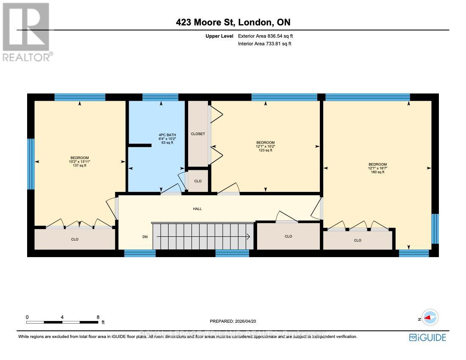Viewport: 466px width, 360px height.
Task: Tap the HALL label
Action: [197, 209]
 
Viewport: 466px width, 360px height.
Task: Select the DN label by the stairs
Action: [145, 237]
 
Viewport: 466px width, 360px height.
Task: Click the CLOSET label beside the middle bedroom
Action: [198, 134]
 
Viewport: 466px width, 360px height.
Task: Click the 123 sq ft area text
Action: [265, 150]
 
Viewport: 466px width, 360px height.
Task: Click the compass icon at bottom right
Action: [430, 317]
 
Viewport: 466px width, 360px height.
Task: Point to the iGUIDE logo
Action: [427, 338]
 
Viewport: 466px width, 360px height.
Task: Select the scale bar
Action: [62, 322]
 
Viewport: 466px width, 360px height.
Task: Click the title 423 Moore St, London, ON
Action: [233, 22]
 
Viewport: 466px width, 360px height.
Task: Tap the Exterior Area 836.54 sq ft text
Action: [265, 36]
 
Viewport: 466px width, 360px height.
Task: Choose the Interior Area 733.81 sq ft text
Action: [265, 44]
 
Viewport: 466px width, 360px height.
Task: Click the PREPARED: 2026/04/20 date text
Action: [233, 321]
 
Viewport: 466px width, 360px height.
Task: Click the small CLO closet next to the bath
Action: [198, 181]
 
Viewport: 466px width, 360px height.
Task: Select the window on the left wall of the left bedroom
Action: [31, 164]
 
